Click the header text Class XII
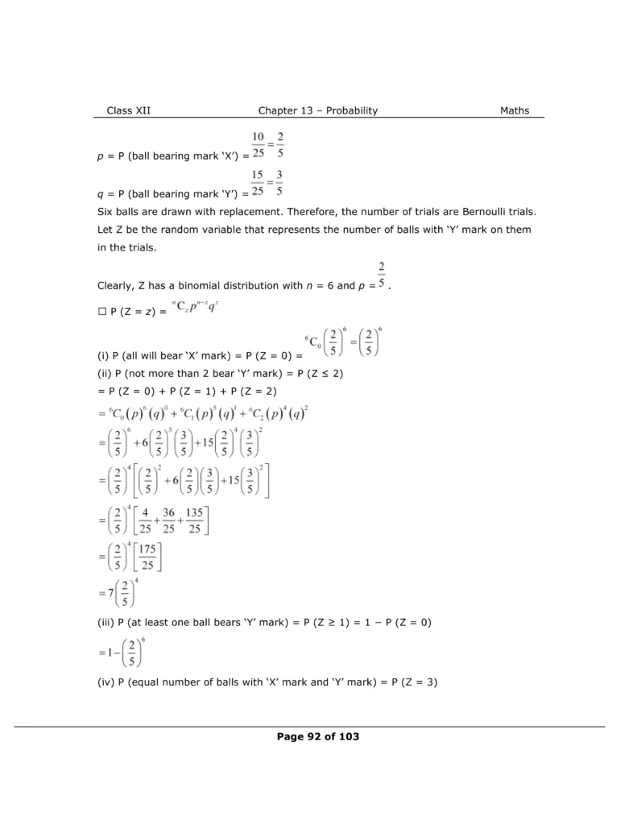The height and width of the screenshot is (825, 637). point(128,110)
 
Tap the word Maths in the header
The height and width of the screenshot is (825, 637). point(515,110)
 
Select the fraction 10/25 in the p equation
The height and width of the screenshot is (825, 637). point(259,145)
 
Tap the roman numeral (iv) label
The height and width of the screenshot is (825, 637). point(104,683)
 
